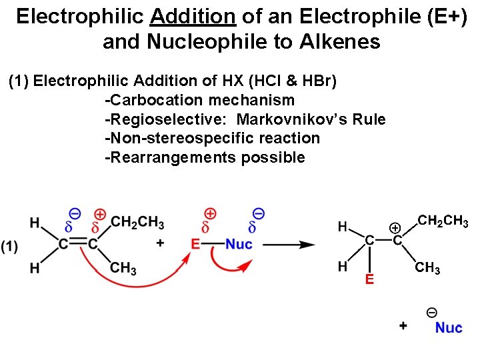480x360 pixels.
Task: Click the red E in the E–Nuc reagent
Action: click(195, 244)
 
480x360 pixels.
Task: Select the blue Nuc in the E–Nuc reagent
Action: click(238, 245)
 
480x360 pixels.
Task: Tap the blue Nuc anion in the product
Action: click(448, 327)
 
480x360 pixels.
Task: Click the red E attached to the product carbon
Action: click(369, 279)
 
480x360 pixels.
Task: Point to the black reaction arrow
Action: click(288, 245)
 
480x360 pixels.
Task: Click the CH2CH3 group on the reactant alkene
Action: click(137, 222)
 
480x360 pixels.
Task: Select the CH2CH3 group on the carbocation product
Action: click(442, 221)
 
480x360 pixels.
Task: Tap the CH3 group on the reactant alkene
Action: click(123, 268)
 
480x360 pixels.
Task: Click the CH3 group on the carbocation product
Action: click(427, 269)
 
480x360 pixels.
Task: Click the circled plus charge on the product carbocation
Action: click(395, 228)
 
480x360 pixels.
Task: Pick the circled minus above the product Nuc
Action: click(431, 312)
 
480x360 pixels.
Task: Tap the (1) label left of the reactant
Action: click(10, 246)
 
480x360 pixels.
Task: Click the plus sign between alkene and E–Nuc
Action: click(160, 244)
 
